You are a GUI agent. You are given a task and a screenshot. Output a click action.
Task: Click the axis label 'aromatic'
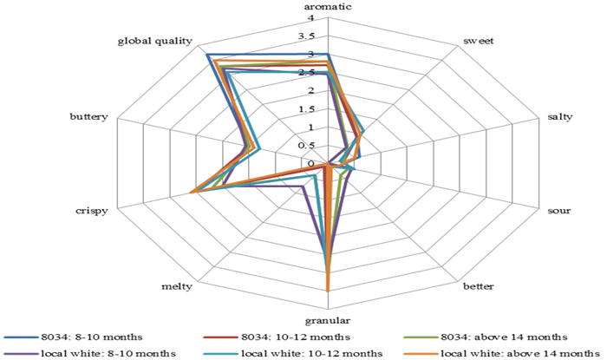coord(329,7)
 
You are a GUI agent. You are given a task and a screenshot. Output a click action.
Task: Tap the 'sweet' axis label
coord(479,41)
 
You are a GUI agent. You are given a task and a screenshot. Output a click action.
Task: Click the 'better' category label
coord(479,286)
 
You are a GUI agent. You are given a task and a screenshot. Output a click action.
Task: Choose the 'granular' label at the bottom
coord(329,320)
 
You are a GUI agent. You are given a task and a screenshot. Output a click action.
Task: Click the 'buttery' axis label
coord(89,116)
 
